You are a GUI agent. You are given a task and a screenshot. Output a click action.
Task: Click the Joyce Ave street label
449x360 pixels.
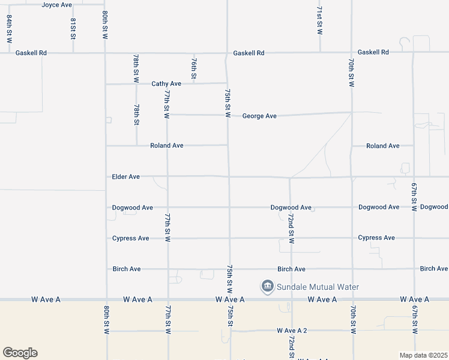pos(56,5)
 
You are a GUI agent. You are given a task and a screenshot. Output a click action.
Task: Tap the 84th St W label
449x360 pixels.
pos(10,29)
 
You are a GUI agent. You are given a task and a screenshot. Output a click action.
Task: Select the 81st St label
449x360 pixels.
pos(73,28)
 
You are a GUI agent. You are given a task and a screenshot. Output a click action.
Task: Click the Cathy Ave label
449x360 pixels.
pos(166,84)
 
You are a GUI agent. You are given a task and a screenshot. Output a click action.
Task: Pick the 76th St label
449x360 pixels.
pos(194,68)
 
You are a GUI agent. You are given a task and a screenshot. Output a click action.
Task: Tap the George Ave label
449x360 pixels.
pos(259,116)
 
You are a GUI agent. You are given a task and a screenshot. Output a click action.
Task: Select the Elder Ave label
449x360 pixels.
pos(126,177)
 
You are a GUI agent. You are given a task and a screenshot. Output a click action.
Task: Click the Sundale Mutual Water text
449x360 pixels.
pos(318,287)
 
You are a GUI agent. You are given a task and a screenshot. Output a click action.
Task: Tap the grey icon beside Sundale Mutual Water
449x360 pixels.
pos(267,287)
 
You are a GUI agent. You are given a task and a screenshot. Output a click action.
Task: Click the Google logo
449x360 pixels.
pos(20,353)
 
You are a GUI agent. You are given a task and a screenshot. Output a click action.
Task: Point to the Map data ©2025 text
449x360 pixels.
pos(423,355)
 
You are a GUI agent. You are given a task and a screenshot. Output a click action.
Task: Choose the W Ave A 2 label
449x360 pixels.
pos(292,331)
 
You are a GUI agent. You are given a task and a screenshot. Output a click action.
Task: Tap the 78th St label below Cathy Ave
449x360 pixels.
pos(137,114)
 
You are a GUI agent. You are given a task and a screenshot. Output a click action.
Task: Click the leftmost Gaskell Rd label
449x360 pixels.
pos(31,53)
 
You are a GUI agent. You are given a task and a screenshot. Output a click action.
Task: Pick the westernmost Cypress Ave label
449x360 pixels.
pos(131,238)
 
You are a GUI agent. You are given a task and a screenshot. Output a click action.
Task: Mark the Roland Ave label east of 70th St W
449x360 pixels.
pos(383,146)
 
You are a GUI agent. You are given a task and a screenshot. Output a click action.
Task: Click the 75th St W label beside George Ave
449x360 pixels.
pos(228,103)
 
